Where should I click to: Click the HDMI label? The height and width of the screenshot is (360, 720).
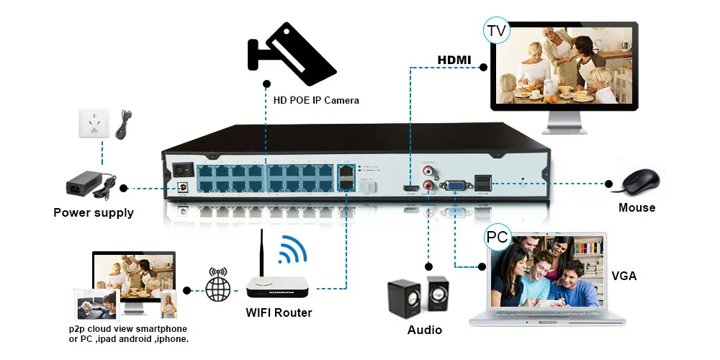coord(454,59)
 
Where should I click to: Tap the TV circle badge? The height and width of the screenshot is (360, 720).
coord(496,30)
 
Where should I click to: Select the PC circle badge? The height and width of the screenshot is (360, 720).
coord(497,235)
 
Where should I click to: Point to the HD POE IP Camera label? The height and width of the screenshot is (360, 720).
coord(315,100)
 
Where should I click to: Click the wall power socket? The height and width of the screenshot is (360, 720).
coord(93,123)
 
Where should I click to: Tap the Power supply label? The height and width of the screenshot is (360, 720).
coord(94,212)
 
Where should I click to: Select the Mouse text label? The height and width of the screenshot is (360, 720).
coord(636,207)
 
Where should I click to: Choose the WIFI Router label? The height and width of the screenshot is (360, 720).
coord(279,312)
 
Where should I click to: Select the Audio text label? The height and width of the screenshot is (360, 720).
coord(425,330)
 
